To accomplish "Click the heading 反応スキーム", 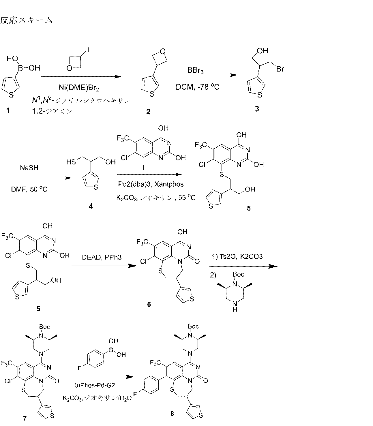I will (x=26, y=20).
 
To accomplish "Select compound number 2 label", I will (x=148, y=112).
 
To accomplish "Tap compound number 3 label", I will (x=257, y=109).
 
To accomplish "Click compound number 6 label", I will (x=149, y=304).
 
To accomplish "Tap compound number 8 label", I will (x=172, y=414).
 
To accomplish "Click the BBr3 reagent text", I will (x=195, y=71).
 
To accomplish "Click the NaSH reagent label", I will (x=29, y=168).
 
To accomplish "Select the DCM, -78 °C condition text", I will (x=198, y=86).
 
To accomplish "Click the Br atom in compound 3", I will (x=280, y=70).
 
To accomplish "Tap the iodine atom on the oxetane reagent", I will (x=88, y=50).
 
